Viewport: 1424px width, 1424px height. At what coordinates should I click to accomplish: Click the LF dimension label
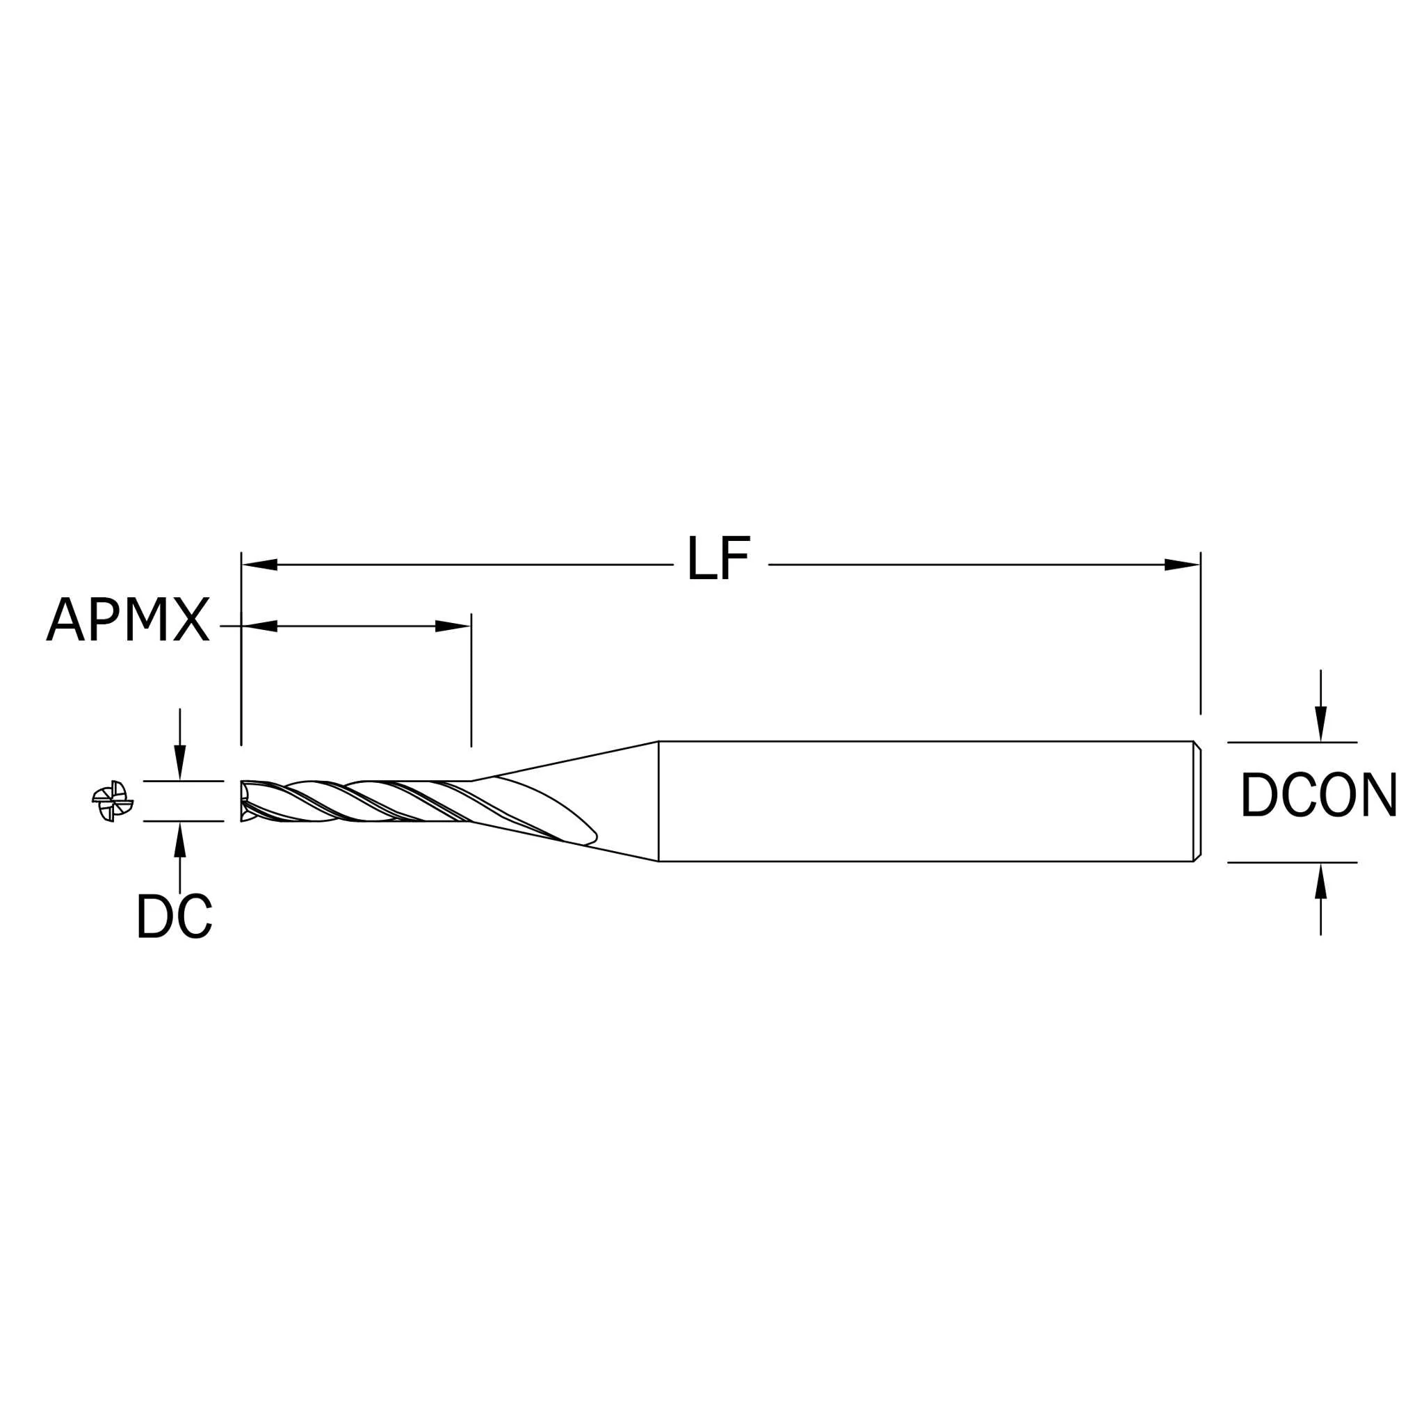coord(719,558)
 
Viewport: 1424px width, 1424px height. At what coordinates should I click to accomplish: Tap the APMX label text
coord(128,619)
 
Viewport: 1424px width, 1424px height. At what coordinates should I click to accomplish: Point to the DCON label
coord(1318,795)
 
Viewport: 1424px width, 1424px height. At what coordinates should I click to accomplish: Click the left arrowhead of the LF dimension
coord(259,565)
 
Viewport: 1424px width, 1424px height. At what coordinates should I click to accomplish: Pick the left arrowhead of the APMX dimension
coord(259,626)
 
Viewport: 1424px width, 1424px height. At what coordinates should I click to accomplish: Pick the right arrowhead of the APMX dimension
coord(453,626)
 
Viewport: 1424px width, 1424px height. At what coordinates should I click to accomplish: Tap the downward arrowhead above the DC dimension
coord(180,763)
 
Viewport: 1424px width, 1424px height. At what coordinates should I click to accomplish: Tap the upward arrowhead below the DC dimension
coord(180,839)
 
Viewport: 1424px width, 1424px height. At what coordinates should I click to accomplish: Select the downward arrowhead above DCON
coord(1321,724)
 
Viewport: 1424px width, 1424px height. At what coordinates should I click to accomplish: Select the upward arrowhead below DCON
coord(1321,880)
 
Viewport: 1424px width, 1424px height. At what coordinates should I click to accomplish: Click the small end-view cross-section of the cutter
coord(113,801)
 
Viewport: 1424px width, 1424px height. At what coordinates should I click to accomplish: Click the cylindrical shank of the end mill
coord(929,801)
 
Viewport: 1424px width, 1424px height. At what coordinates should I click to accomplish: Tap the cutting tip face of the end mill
coord(244,801)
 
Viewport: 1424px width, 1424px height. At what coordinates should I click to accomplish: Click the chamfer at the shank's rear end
coord(1197,801)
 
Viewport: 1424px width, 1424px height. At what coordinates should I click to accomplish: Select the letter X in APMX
coord(192,619)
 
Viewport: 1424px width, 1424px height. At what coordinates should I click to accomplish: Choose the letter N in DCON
coord(1379,795)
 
